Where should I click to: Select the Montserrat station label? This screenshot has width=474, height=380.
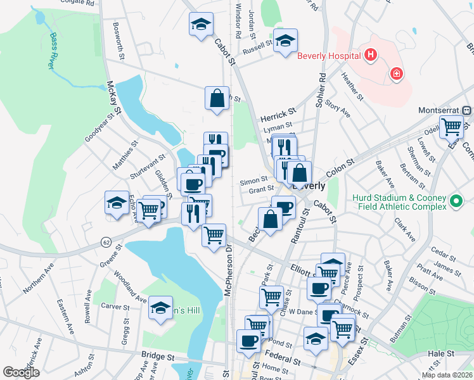click(x=441, y=110)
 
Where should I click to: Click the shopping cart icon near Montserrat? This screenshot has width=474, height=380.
click(x=452, y=127)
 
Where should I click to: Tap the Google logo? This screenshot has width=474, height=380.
click(x=21, y=372)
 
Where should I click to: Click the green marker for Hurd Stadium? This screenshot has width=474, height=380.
click(x=456, y=203)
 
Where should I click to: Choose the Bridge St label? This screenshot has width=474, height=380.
click(x=158, y=357)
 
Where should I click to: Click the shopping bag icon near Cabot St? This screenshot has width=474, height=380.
click(x=216, y=99)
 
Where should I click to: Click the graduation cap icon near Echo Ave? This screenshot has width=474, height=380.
click(x=117, y=203)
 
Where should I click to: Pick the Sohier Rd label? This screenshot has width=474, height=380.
click(x=322, y=91)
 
